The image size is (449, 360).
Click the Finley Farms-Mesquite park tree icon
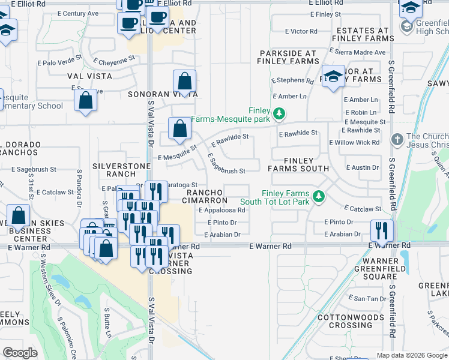point(279,113)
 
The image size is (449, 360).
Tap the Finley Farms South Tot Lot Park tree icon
point(319,196)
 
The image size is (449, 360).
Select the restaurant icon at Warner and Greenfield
point(382,230)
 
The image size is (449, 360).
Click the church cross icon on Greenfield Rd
point(396,140)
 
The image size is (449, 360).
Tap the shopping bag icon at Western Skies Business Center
point(19,216)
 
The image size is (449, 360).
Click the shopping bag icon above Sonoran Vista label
point(185,80)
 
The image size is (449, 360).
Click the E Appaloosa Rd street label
point(222,211)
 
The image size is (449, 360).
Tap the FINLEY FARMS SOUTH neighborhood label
point(298,164)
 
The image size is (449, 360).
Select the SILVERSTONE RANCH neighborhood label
point(114,169)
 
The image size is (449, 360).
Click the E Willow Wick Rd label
point(354,143)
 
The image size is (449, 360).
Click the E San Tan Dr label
point(369,298)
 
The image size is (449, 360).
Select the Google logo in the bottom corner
point(20,353)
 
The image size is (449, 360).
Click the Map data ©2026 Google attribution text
point(411,355)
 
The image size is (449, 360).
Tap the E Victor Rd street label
point(301,31)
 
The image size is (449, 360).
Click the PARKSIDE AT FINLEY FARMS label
point(288,57)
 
